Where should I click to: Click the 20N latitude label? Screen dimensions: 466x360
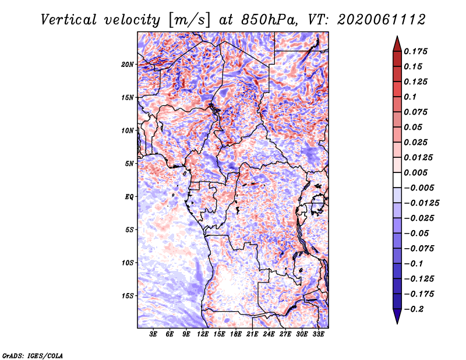click(x=128, y=65)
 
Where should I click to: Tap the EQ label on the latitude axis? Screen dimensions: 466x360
click(x=129, y=197)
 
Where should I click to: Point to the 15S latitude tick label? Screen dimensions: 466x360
click(x=128, y=296)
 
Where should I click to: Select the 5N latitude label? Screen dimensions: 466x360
click(x=129, y=164)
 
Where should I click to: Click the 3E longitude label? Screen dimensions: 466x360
click(x=153, y=334)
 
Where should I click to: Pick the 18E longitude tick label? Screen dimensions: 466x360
click(x=236, y=334)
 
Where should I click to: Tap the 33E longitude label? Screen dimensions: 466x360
click(x=318, y=334)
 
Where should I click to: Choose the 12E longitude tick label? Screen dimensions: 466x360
click(x=203, y=334)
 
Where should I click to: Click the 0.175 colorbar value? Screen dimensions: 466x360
click(x=415, y=51)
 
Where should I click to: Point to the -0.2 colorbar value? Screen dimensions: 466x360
click(x=414, y=309)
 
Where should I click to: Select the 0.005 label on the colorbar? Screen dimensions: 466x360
click(x=415, y=172)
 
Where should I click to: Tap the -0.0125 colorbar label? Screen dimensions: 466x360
click(x=421, y=203)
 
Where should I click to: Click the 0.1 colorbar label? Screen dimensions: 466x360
click(x=410, y=97)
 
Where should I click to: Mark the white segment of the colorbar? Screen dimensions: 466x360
click(x=397, y=180)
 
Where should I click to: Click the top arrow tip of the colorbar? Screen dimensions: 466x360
click(x=397, y=36)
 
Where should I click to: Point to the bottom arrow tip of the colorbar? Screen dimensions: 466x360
click(x=397, y=323)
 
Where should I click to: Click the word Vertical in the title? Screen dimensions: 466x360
click(x=69, y=20)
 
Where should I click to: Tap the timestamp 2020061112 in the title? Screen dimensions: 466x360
click(x=382, y=20)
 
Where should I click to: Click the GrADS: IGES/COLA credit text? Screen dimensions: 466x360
click(x=33, y=355)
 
